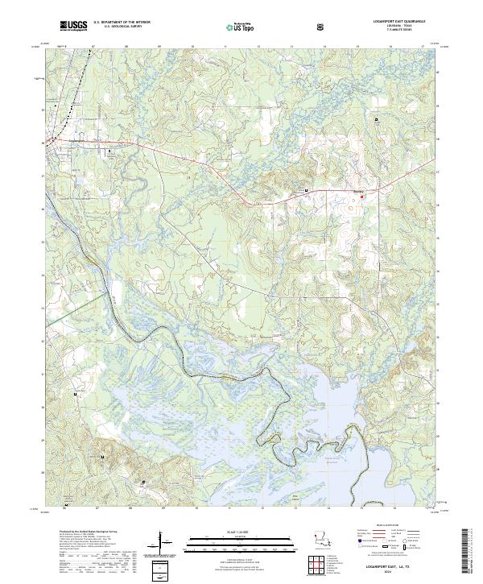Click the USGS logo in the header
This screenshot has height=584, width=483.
(x=74, y=26)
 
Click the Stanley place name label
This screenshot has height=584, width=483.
(x=359, y=191)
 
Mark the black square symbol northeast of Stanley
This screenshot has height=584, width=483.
(x=376, y=119)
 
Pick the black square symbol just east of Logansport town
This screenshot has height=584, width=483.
(x=110, y=151)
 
